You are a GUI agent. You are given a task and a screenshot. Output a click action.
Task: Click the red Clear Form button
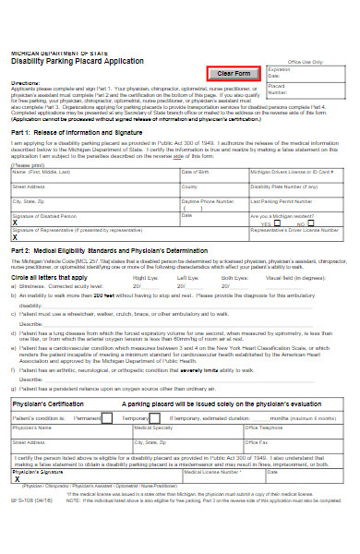pyautogui.click(x=234, y=73)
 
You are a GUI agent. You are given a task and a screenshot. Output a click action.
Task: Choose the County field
pyautogui.click(x=213, y=189)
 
